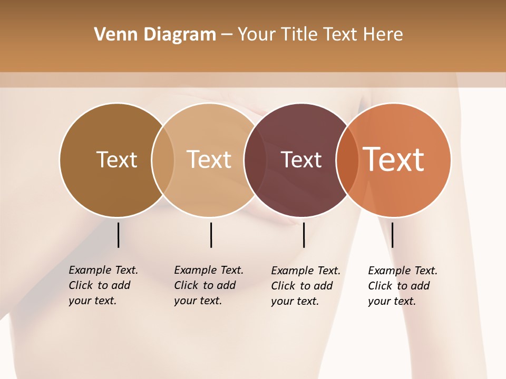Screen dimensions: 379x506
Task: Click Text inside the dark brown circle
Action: [116, 159]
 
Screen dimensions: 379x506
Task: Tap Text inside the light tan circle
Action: [209, 159]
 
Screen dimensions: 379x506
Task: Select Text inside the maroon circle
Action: [301, 159]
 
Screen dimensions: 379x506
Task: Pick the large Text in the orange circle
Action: [394, 159]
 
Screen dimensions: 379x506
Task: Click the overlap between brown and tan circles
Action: [163, 160]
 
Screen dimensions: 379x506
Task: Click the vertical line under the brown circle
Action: [118, 235]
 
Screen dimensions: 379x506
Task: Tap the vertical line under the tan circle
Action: [211, 235]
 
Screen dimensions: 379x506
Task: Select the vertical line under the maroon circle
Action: [304, 235]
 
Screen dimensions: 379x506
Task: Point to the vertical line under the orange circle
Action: [392, 235]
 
